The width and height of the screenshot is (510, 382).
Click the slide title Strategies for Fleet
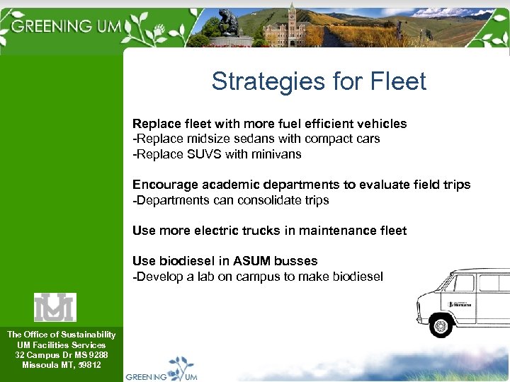point(319,81)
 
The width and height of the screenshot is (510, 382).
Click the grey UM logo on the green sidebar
point(55,307)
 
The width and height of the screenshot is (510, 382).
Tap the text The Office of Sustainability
point(61,335)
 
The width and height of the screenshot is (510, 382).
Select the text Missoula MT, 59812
point(61,365)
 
